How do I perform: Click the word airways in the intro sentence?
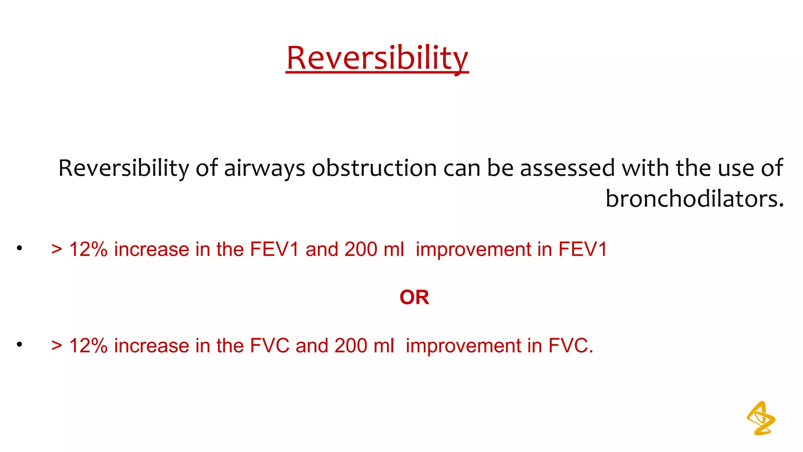tap(264, 168)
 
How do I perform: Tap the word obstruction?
tap(374, 168)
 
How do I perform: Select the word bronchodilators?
tap(694, 199)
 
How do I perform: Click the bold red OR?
tap(414, 297)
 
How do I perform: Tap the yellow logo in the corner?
tap(761, 418)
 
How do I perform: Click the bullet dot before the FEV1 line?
tap(19, 248)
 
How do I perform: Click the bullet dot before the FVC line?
tap(19, 344)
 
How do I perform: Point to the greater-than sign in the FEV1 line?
tap(56, 250)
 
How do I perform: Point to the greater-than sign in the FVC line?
tap(56, 346)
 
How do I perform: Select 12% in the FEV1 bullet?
tap(88, 250)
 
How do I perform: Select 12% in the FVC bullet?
tap(88, 346)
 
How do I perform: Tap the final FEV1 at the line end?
tap(583, 250)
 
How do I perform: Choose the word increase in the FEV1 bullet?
tap(152, 250)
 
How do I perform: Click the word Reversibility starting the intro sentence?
tap(124, 168)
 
